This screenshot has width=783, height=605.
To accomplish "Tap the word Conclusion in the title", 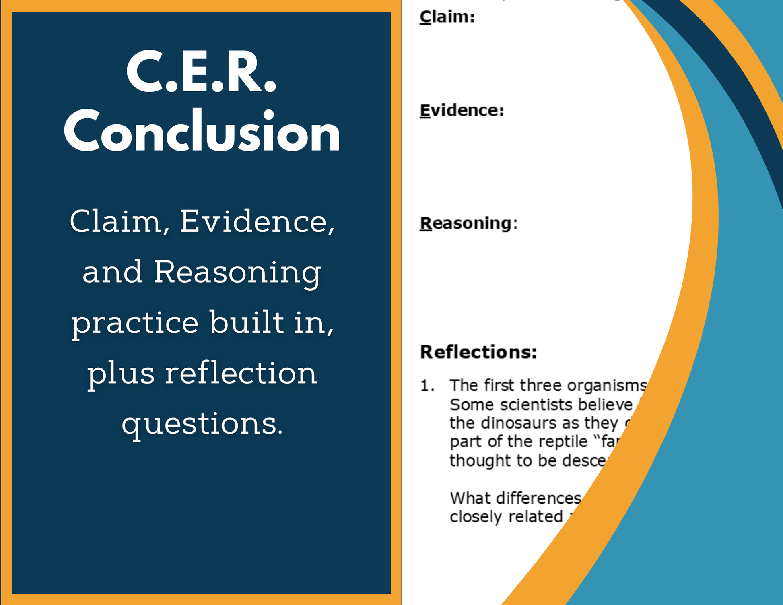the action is click(x=202, y=131).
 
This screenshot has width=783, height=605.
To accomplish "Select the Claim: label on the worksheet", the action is click(x=447, y=17).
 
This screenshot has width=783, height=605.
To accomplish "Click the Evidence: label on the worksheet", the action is click(x=462, y=110).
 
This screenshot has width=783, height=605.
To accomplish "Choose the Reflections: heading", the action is click(x=478, y=352).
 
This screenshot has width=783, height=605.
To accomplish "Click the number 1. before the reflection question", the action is click(x=427, y=386).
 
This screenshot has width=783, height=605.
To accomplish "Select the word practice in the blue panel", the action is click(x=135, y=323).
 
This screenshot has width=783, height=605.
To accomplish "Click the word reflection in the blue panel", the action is click(x=241, y=373).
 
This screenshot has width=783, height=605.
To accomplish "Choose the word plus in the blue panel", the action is click(x=121, y=374).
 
